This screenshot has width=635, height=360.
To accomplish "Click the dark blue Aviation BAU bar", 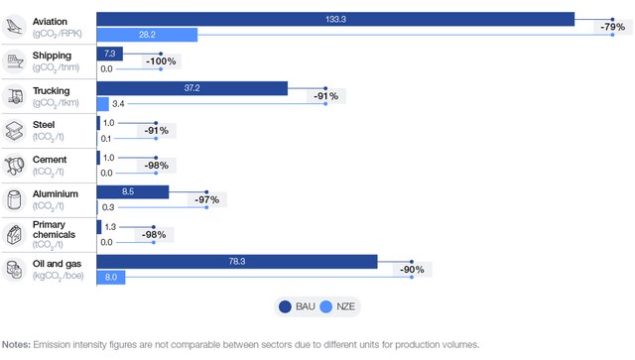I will [335, 19].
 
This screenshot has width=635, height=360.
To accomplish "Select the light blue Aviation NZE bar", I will [147, 35].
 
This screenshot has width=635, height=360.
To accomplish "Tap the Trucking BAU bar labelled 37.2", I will [191, 88].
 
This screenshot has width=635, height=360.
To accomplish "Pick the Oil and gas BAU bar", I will [236, 262].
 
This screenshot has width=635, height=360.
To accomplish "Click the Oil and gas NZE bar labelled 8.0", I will [110, 278].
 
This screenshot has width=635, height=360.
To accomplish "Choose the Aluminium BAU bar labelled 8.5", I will [132, 192].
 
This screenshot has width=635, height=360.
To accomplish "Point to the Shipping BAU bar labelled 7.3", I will [109, 54].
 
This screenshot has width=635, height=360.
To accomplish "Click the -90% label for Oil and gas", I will [411, 270].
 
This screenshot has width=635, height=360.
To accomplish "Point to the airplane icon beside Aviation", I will [15, 27].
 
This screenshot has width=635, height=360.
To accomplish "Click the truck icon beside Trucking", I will [15, 96].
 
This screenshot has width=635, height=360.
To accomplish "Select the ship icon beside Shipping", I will [15, 61].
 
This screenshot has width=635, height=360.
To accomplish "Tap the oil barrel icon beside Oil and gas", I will [15, 269].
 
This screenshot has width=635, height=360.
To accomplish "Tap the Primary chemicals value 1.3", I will [110, 227].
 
